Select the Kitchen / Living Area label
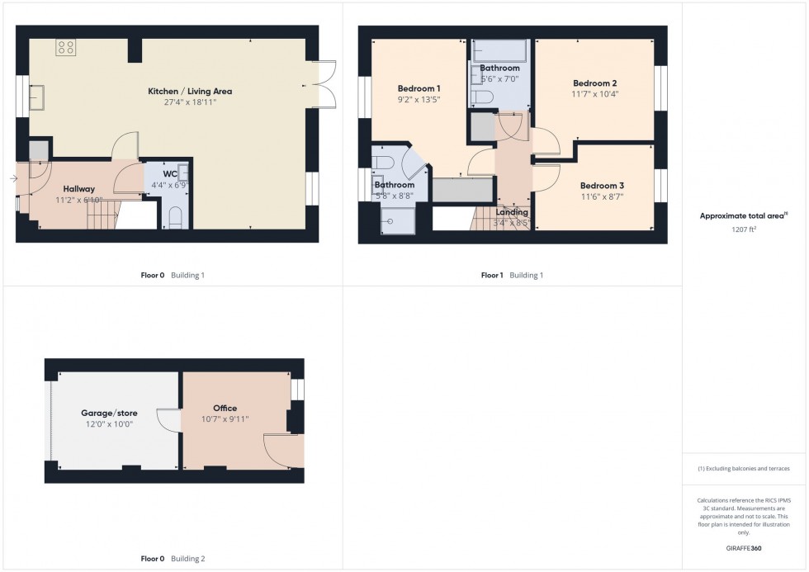point(190,91)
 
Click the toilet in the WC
point(174,218)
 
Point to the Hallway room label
point(75,189)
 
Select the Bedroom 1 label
point(419,88)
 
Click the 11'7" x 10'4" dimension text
point(595,94)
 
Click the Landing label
point(512,212)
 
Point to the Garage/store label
point(109,413)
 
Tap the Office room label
point(225,408)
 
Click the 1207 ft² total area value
point(745,229)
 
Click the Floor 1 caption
point(491,276)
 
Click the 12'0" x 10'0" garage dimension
point(108,423)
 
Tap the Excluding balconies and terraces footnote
point(744,468)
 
